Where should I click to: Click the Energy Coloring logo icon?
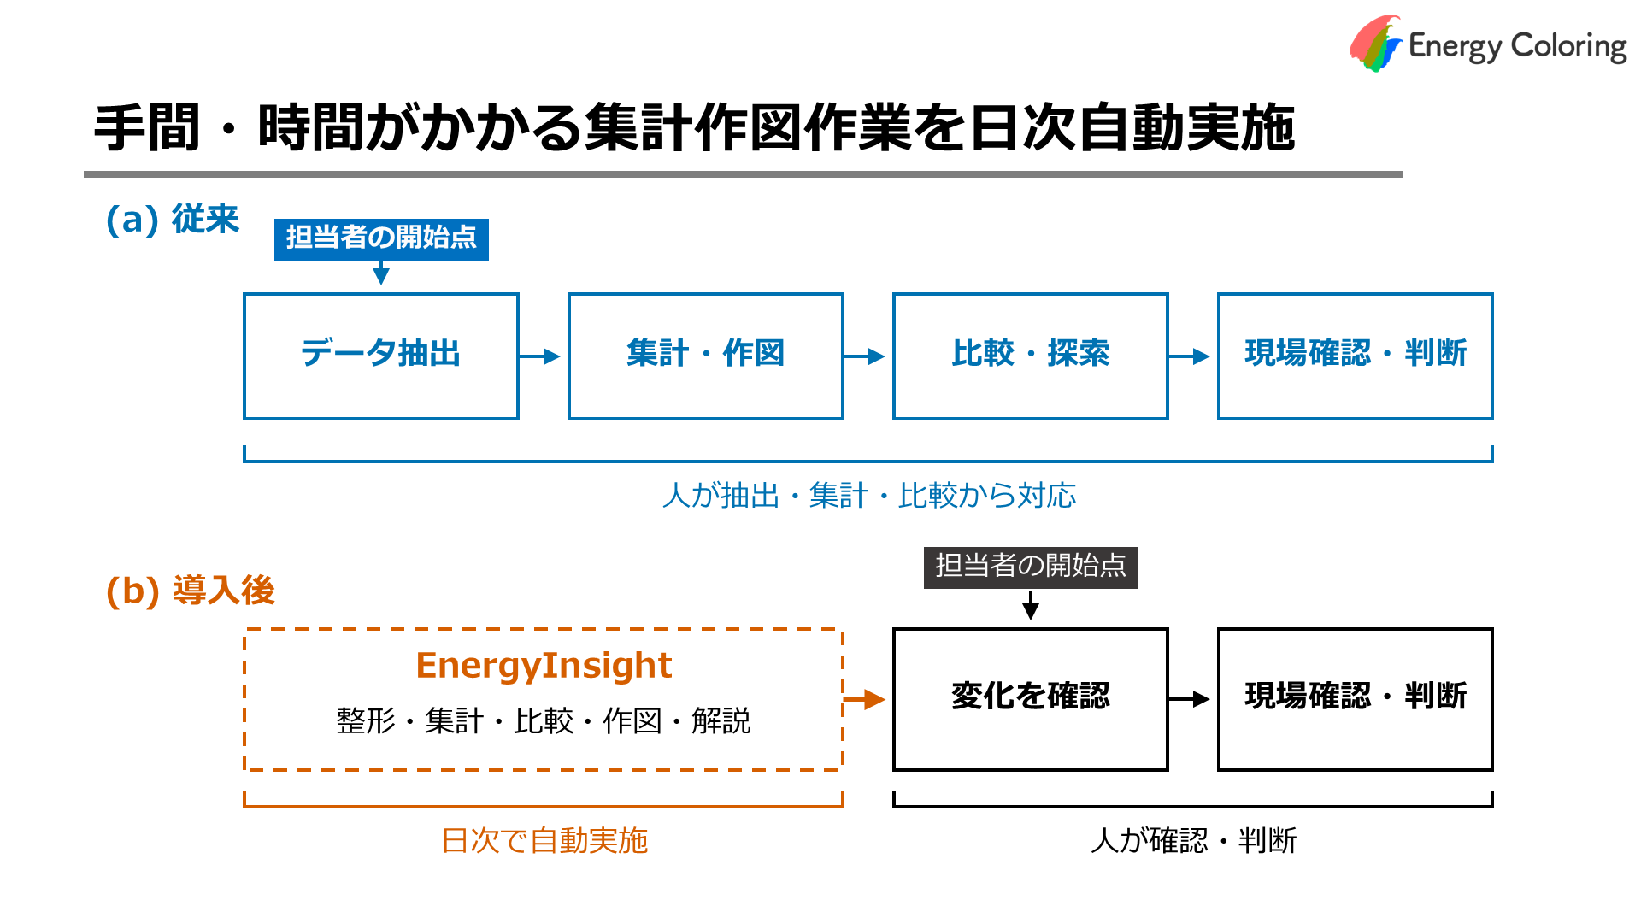(1376, 43)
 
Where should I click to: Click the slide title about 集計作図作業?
(694, 128)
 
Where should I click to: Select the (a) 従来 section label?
(172, 220)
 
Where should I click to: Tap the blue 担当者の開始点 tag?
(381, 238)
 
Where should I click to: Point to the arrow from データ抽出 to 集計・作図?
(539, 356)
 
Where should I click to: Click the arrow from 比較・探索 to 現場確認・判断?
(1189, 356)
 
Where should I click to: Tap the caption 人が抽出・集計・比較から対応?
(869, 496)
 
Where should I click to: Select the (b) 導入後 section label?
(190, 591)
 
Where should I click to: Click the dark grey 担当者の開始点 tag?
(1031, 567)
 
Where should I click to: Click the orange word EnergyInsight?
(544, 666)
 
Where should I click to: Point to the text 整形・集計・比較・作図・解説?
(544, 721)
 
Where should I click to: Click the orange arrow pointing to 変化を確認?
(864, 700)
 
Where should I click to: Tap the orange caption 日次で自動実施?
(544, 841)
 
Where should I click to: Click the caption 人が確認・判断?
(1194, 841)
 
